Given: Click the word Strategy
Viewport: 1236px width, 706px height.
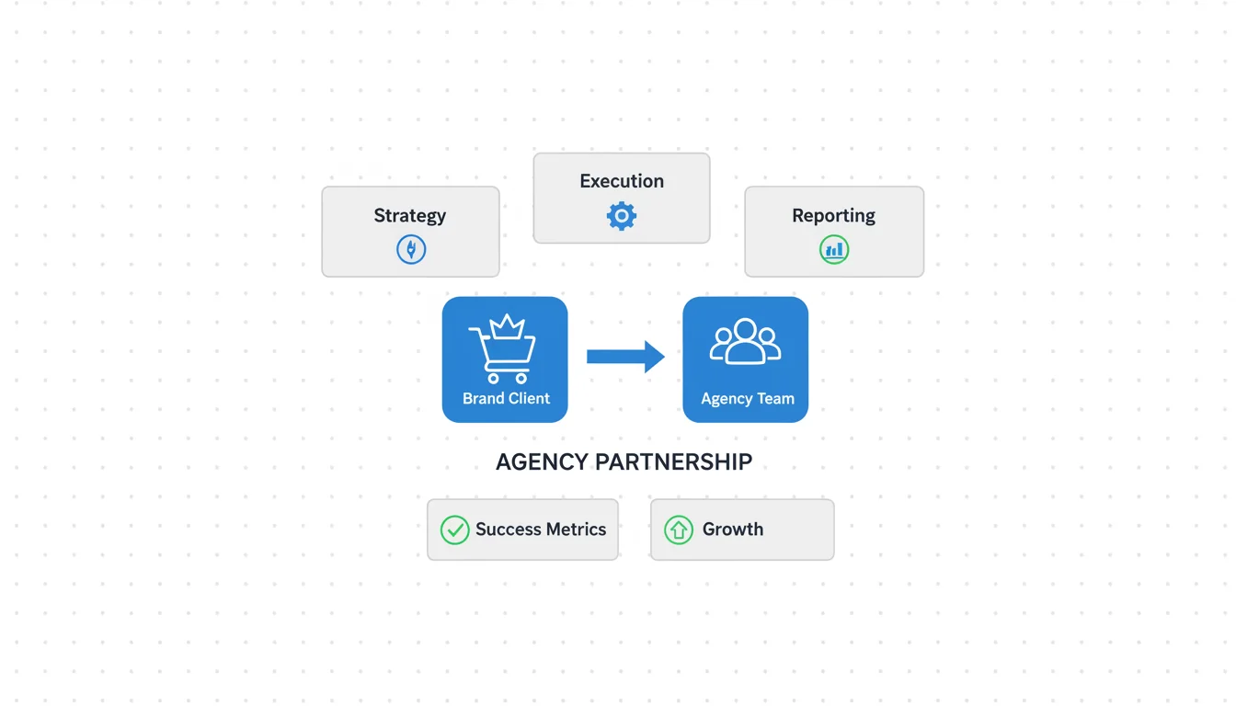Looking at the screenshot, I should [409, 216].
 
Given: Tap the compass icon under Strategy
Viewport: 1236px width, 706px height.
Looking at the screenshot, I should [411, 249].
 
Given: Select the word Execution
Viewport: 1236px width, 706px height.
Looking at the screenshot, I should [622, 181].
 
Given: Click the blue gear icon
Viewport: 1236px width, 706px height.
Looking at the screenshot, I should [622, 216].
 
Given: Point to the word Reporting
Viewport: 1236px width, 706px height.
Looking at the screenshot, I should [833, 216].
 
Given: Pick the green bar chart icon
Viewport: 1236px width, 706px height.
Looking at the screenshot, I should [834, 249].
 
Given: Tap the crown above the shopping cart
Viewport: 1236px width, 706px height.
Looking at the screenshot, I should [507, 326].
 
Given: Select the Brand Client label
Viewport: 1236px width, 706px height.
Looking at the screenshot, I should [506, 398].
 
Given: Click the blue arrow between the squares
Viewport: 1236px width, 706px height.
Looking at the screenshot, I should [625, 357].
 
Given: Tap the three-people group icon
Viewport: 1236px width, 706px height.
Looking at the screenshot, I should [745, 342].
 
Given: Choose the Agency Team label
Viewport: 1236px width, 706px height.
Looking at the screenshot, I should [747, 399].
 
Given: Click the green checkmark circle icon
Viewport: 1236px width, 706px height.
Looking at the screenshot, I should [454, 529].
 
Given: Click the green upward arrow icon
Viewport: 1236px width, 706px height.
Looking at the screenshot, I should [679, 529].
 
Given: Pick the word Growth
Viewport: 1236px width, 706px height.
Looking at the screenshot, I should [733, 529].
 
